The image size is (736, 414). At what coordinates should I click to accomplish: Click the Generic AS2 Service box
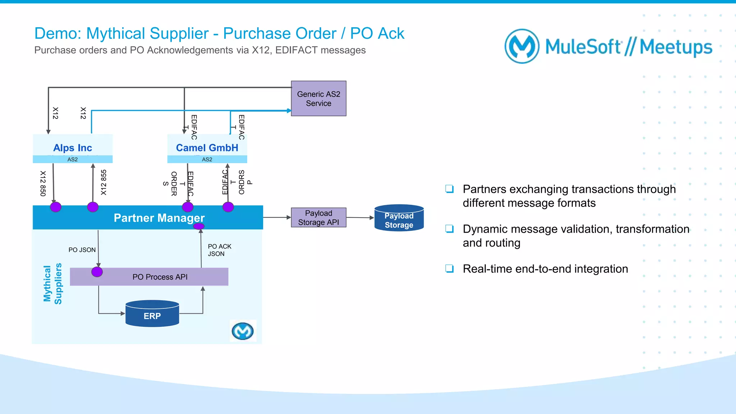coord(318,98)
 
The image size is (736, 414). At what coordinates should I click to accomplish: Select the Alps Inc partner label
coord(73,148)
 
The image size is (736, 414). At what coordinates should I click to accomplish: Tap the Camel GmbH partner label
coord(207,148)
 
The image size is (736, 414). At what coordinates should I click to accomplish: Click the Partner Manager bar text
coord(159,218)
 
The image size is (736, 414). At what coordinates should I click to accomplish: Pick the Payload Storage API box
coord(318,218)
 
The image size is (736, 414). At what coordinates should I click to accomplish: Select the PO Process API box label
coord(160,277)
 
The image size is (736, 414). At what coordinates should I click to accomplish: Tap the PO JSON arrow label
coord(82,250)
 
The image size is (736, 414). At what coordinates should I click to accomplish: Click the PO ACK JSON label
coord(219,250)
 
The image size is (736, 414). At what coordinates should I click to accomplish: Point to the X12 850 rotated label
coord(43,183)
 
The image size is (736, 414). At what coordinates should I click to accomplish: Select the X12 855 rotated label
coord(103,182)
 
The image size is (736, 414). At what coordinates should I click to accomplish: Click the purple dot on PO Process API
coord(97,272)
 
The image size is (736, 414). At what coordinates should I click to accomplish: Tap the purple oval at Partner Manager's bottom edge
coord(199,226)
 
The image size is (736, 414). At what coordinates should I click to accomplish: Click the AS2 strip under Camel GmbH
coord(207,159)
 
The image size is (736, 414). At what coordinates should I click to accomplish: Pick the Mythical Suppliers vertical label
coord(52,284)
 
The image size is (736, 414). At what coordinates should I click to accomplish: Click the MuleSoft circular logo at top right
coord(522,46)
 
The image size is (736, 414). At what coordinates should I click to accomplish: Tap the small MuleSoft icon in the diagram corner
coord(243,331)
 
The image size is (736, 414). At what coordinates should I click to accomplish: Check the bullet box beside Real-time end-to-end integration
coord(449,268)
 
